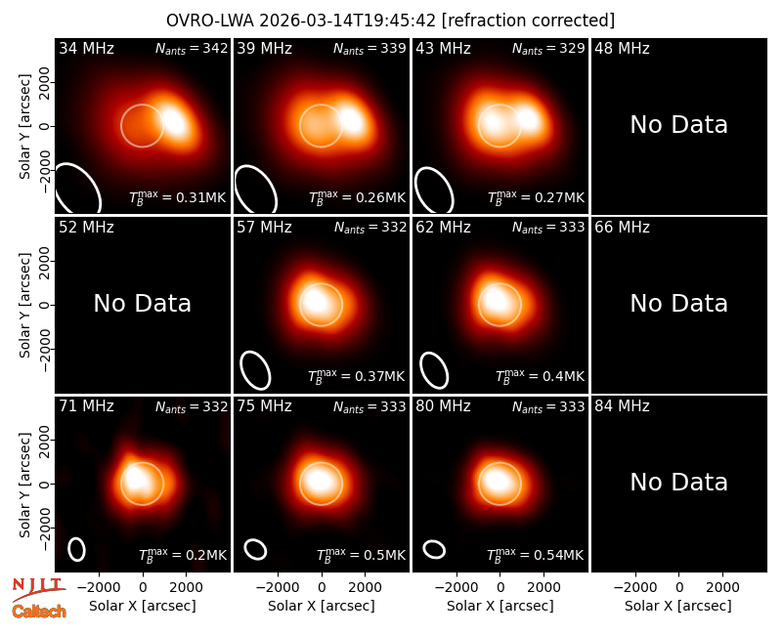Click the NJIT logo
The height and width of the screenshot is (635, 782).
coord(38,589)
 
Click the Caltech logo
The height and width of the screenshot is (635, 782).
coord(39,612)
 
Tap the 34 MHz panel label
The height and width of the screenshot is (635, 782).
coord(86,48)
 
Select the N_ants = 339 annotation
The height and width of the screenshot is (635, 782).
coord(369,48)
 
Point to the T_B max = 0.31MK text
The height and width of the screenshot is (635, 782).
coord(178,196)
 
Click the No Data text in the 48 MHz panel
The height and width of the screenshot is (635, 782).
coord(678,125)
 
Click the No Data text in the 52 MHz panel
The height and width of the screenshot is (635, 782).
coord(142,304)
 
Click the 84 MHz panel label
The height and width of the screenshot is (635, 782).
coord(622,406)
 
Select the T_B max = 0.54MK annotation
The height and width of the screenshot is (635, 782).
coord(535,554)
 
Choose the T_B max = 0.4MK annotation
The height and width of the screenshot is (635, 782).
coord(540,375)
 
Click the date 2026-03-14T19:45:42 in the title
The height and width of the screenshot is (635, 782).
coord(348,21)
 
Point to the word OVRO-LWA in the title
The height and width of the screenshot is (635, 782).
coord(210,21)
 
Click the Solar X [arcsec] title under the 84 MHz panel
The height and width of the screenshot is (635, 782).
coord(678,606)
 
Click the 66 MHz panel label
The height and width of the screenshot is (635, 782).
coord(622,228)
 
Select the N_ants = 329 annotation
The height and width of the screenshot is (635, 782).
coord(548,48)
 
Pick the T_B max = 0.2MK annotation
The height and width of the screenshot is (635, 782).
coord(183,554)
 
